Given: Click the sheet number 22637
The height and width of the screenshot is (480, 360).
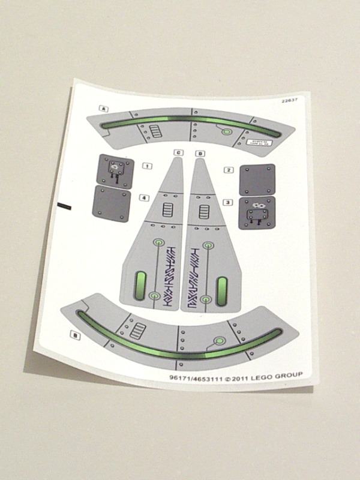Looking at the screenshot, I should click(289, 101).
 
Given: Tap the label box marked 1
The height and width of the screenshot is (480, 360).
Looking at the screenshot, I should click(147, 166).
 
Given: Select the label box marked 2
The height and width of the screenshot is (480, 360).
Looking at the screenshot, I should click(229, 170).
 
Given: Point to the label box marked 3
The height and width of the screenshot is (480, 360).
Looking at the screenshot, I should click(227, 202).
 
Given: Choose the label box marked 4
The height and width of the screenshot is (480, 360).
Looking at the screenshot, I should click(144, 197).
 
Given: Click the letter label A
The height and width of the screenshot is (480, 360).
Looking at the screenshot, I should click(104, 109).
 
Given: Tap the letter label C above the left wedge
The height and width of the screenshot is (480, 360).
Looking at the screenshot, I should click(178, 152).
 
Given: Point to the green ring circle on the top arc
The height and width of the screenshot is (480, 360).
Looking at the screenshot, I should click(227, 132).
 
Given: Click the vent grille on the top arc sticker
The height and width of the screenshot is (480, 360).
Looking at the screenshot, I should click(156, 130).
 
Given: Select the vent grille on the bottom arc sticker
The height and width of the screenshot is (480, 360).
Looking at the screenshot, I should click(139, 329).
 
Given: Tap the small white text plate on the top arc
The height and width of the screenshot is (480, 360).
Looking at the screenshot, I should click(260, 142).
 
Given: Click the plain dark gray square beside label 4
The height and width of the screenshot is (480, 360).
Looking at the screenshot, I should click(112, 203).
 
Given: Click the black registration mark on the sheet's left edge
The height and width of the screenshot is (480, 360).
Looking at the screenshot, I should click(64, 206).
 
